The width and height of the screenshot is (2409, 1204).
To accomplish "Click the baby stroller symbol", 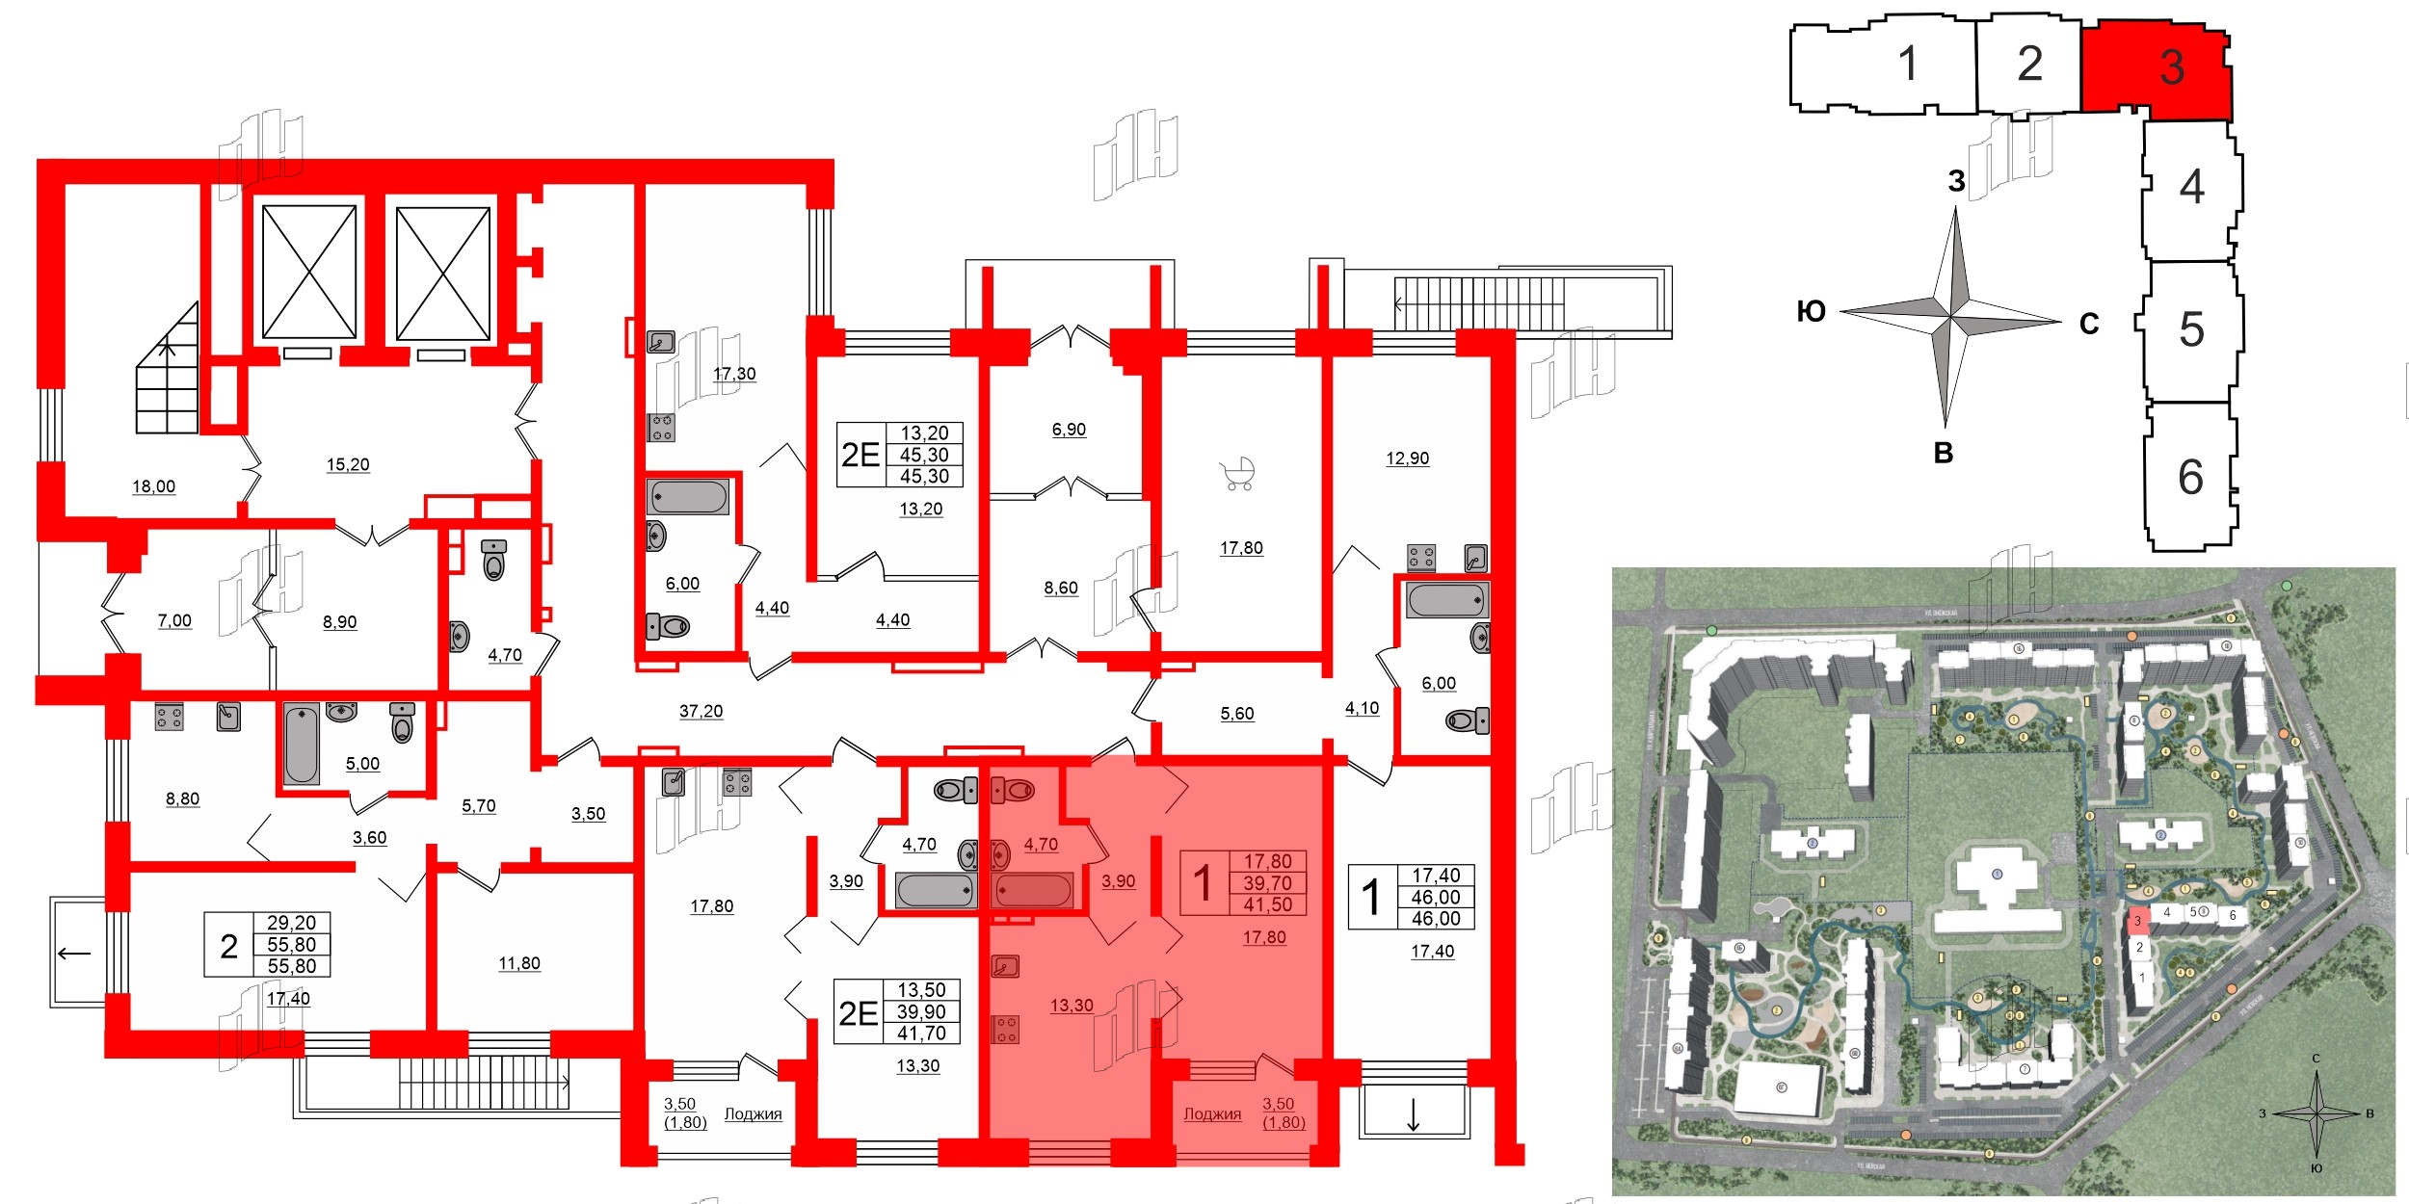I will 1237,474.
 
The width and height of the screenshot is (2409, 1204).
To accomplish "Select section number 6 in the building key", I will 2190,477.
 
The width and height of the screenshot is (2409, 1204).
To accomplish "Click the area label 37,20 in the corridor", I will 701,711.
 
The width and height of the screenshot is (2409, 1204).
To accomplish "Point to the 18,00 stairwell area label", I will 153,486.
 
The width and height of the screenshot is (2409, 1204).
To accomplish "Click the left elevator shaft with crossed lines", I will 309,272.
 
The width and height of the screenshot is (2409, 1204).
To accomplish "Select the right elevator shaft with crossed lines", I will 443,274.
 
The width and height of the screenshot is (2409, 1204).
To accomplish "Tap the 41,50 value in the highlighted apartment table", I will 1267,904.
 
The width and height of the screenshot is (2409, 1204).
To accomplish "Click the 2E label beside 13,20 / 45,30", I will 860,455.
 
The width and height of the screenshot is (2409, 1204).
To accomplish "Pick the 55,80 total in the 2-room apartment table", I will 291,945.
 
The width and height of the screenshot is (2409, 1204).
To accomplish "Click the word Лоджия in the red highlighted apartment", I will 1212,1113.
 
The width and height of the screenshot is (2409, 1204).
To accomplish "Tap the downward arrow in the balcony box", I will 1413,1114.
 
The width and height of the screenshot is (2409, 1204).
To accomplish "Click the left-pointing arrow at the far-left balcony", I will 74,954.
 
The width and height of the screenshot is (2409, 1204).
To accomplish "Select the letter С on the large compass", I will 2089,324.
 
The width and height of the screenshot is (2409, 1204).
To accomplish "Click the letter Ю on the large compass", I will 1811,311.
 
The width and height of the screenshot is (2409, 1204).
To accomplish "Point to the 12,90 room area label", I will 1407,458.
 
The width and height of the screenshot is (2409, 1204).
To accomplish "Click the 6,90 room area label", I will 1069,430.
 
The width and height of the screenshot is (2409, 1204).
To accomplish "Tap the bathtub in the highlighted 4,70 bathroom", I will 1033,890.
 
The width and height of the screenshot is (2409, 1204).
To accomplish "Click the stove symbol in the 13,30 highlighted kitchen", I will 1005,1030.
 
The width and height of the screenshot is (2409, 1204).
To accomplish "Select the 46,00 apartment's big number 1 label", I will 1370,897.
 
